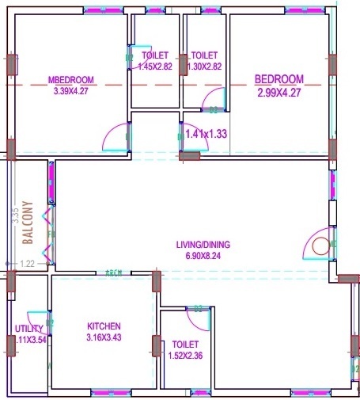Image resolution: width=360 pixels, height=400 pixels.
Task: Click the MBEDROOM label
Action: [71, 80]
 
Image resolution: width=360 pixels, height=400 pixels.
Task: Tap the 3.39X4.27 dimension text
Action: [71, 90]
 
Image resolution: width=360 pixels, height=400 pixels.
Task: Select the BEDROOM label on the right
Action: [279, 79]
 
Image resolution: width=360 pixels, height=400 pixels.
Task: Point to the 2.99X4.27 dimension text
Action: [279, 93]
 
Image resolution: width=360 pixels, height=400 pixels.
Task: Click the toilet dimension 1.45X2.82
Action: [155, 67]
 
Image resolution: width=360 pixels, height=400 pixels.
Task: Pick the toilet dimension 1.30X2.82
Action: [204, 67]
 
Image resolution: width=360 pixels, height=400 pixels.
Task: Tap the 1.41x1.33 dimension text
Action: [207, 134]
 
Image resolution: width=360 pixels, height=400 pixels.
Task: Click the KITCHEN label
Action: [104, 326]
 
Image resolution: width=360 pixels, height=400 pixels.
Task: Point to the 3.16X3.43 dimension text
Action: [104, 338]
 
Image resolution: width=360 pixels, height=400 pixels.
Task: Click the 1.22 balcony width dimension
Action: [27, 264]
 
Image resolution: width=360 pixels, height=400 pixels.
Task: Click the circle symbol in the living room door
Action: [320, 245]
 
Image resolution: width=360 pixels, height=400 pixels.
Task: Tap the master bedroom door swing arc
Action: [116, 138]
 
